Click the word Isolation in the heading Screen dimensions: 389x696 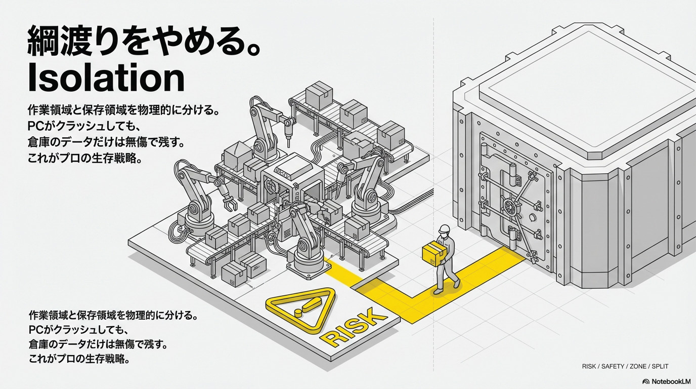click(x=106, y=79)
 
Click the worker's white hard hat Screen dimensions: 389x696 click(x=444, y=229)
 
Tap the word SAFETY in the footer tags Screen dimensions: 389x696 click(x=613, y=366)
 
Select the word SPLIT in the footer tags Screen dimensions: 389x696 click(x=661, y=366)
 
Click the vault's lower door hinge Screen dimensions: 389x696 click(x=513, y=236)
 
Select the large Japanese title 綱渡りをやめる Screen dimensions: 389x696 click(x=144, y=43)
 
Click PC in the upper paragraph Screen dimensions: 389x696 click(x=37, y=125)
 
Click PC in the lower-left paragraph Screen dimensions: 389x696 click(x=37, y=330)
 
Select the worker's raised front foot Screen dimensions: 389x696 click(x=457, y=284)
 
